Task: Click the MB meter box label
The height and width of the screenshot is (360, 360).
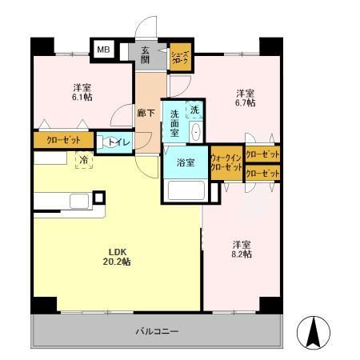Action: (x=103, y=50)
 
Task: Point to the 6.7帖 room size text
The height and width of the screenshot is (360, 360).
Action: (x=245, y=103)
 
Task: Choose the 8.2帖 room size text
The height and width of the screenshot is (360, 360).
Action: (x=242, y=254)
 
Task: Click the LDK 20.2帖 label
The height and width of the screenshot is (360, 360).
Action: (x=116, y=257)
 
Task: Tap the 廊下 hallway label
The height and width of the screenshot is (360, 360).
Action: (x=145, y=114)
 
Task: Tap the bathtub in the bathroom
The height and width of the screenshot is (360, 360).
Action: (x=186, y=191)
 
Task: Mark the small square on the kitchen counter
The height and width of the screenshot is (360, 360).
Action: (x=98, y=196)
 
